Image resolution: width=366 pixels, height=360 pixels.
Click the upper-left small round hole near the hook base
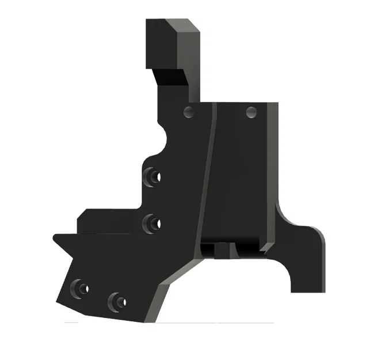pyautogui.click(x=188, y=112)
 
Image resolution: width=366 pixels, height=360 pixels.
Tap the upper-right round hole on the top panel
pyautogui.click(x=251, y=112)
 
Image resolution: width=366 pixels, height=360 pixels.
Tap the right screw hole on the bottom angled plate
pyautogui.click(x=118, y=300)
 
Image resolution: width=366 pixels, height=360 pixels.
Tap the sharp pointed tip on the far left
pyautogui.click(x=54, y=236)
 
